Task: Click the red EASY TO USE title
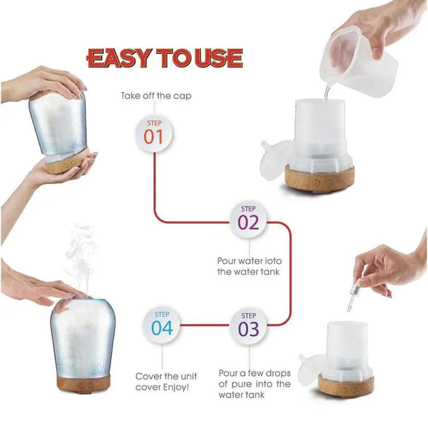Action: (x=165, y=58)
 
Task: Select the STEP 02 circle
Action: (x=249, y=218)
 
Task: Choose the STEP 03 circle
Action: (x=249, y=325)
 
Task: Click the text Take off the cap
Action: (x=156, y=96)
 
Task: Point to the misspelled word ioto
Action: (x=273, y=261)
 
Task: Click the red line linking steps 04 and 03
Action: (x=205, y=325)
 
